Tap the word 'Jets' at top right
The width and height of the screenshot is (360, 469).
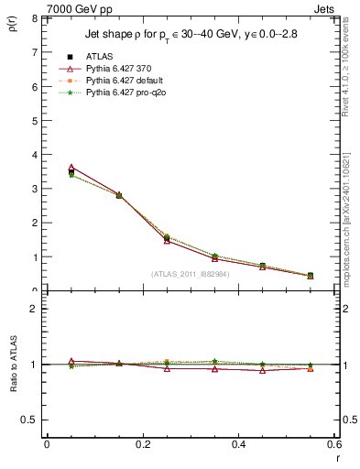327,8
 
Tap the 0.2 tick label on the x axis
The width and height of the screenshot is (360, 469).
142,444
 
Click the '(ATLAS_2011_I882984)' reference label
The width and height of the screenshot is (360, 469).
191,274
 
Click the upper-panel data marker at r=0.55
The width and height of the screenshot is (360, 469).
311,276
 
